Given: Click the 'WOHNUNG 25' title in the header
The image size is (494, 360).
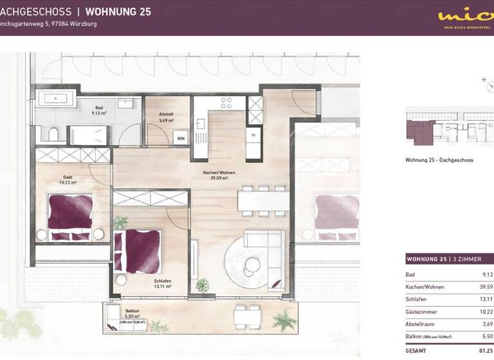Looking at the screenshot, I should tap(118, 12).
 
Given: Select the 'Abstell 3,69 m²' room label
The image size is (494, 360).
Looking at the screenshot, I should tap(166, 117).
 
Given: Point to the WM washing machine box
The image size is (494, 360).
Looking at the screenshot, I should tap(181, 138).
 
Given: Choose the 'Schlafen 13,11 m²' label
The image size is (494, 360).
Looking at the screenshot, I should tap(163, 283).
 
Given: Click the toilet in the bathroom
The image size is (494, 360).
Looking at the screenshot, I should tap(53, 134).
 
